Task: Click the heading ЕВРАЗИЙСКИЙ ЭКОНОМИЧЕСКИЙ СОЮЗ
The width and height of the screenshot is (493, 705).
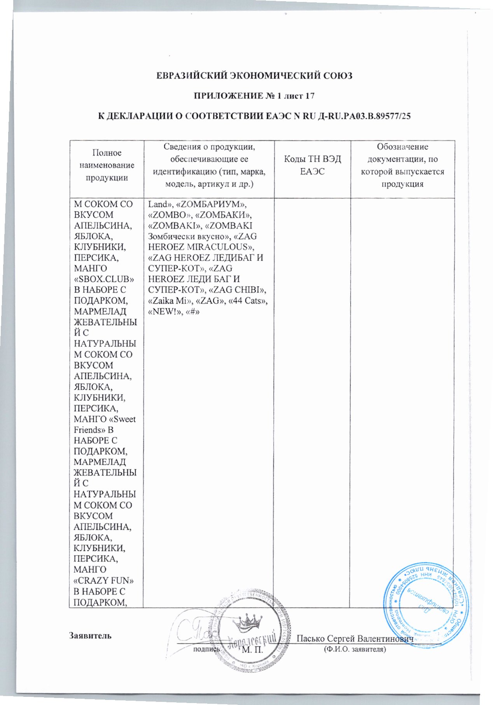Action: coord(254,75)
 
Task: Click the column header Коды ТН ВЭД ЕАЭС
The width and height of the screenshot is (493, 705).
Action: coord(312,165)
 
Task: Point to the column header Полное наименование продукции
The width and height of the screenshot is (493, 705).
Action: coord(107,165)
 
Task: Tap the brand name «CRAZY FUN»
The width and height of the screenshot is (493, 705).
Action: coord(104,581)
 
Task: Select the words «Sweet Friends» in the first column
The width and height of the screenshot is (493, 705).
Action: coord(105,425)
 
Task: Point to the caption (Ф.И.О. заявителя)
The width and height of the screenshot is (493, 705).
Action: coord(354,649)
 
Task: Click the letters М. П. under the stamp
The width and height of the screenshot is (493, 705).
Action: coord(253,649)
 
